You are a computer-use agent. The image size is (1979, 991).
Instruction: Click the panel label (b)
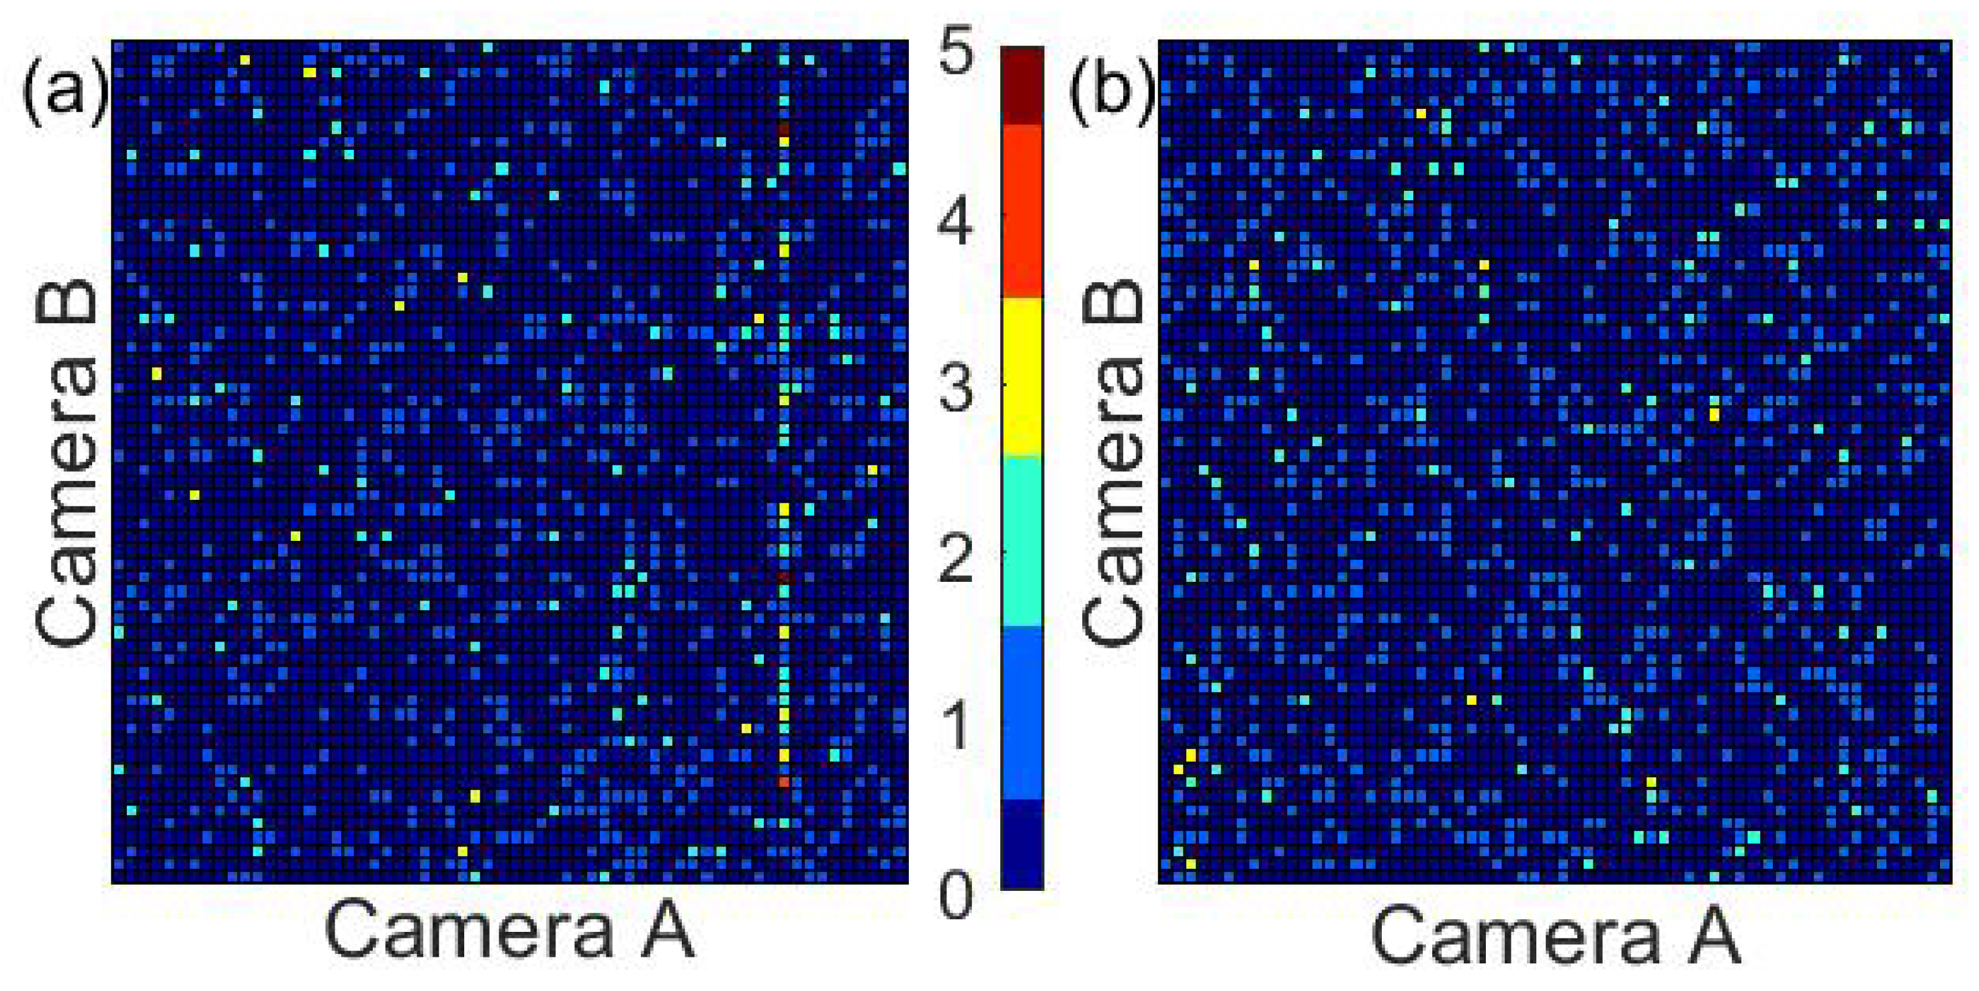click(1111, 92)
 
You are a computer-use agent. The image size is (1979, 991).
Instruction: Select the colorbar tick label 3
click(957, 390)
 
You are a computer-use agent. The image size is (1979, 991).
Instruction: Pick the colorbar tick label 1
click(957, 726)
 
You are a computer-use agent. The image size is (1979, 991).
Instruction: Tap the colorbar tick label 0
click(957, 895)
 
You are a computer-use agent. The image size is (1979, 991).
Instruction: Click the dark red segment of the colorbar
click(1021, 85)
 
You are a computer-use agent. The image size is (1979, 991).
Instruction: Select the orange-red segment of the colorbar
click(1021, 210)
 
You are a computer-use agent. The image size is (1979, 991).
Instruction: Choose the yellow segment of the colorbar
click(1021, 376)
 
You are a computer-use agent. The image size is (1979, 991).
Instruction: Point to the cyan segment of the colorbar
click(1021, 542)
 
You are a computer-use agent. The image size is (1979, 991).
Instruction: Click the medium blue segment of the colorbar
click(1021, 713)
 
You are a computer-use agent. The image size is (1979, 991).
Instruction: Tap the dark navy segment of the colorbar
click(1021, 845)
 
